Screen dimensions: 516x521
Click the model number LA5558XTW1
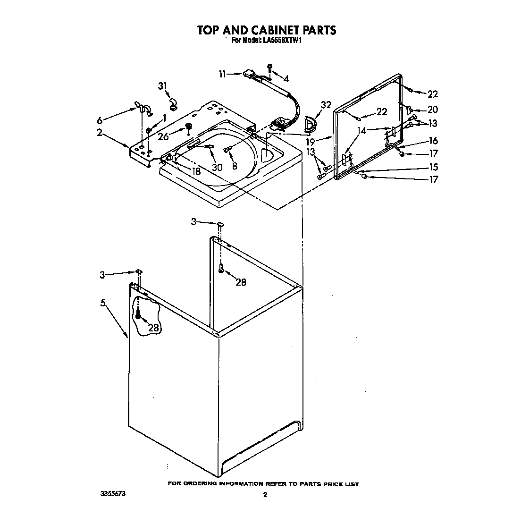pyautogui.click(x=282, y=41)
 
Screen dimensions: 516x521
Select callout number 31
pyautogui.click(x=162, y=86)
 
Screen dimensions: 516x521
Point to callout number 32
pyautogui.click(x=325, y=105)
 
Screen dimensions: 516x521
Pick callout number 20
pyautogui.click(x=432, y=110)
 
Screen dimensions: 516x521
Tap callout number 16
pyautogui.click(x=433, y=141)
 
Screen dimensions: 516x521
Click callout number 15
pyautogui.click(x=432, y=167)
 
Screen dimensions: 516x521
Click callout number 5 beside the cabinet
pyautogui.click(x=102, y=303)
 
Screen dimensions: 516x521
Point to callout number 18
pyautogui.click(x=195, y=171)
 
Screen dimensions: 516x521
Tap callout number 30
pyautogui.click(x=217, y=167)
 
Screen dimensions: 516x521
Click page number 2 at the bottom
pyautogui.click(x=265, y=495)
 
